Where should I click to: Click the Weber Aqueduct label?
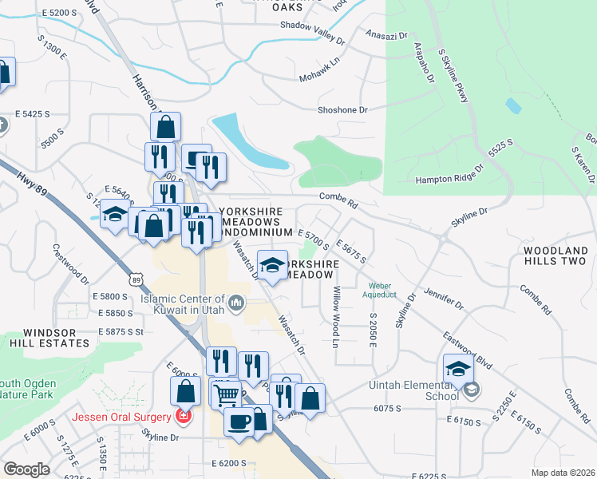point(382,290)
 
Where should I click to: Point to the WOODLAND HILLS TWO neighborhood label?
point(555,255)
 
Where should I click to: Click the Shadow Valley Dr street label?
point(312,26)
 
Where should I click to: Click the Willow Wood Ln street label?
point(336,317)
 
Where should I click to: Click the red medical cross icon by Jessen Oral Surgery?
point(184,417)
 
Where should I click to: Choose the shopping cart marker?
point(226,393)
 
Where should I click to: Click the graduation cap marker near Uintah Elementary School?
point(458,370)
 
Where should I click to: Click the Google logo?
point(26,469)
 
